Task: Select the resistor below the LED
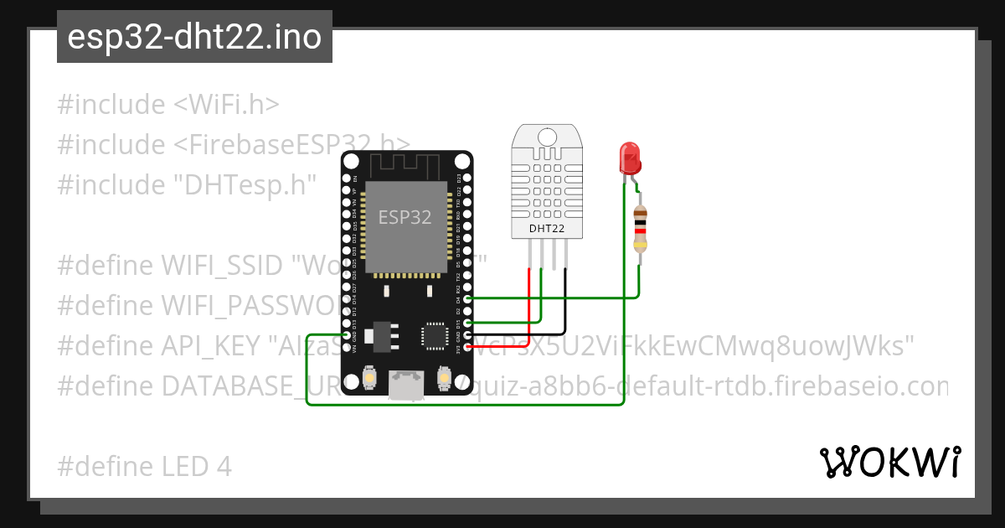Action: click(x=641, y=228)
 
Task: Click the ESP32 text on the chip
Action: click(x=405, y=217)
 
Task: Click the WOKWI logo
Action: click(x=889, y=462)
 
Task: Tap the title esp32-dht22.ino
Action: click(x=194, y=38)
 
